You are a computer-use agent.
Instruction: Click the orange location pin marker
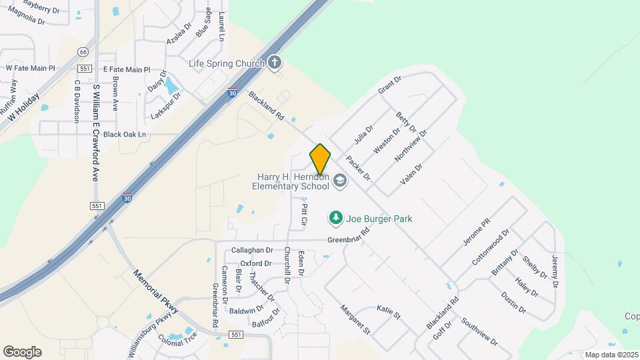(321, 159)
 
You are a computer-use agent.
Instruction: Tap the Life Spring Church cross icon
(275, 63)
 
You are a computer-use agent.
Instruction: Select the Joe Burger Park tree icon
(336, 218)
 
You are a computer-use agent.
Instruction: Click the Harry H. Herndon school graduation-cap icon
(340, 181)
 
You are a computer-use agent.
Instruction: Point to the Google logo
(22, 352)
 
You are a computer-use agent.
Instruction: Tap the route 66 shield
(83, 51)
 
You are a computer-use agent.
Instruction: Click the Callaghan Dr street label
(252, 250)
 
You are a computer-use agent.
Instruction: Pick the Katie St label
(389, 311)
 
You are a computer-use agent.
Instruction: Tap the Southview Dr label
(479, 332)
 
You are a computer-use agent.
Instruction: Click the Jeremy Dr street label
(555, 271)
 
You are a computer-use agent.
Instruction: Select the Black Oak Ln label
(124, 134)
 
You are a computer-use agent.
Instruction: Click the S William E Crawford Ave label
(96, 133)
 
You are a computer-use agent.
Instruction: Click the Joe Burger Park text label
(379, 219)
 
